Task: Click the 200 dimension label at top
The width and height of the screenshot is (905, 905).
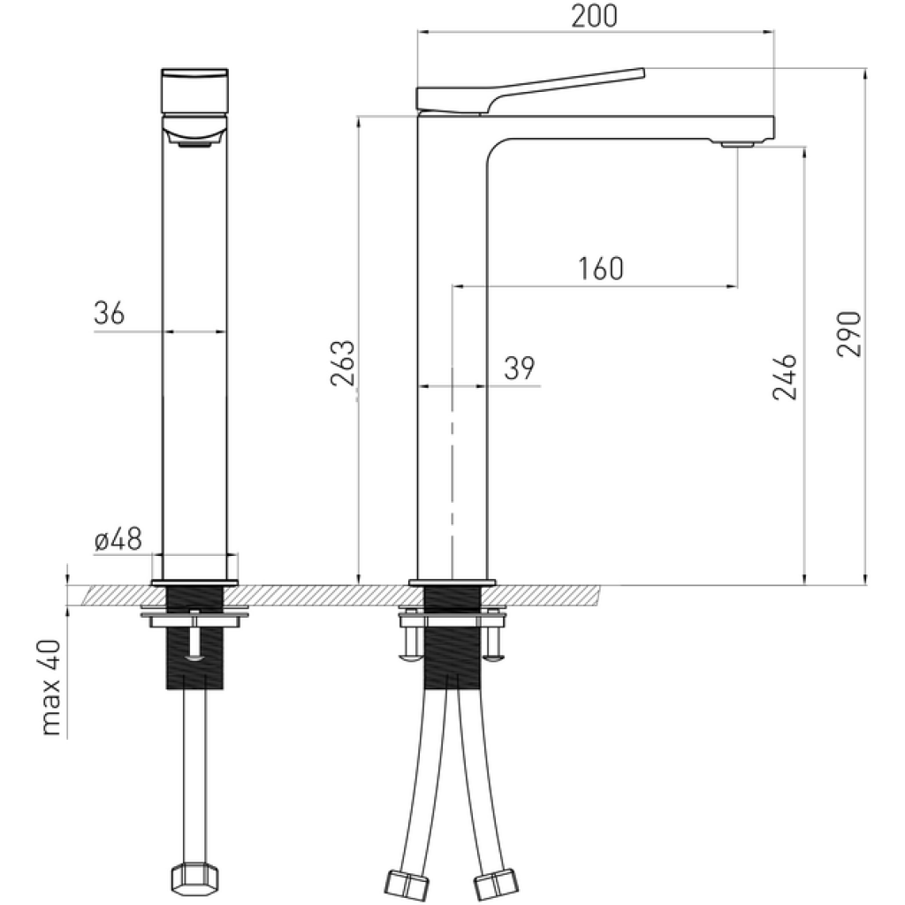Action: pyautogui.click(x=594, y=16)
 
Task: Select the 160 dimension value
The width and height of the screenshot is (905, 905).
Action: pyautogui.click(x=600, y=269)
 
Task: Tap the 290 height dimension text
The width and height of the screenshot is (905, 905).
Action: pyautogui.click(x=849, y=334)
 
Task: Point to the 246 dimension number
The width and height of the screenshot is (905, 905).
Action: pyautogui.click(x=785, y=376)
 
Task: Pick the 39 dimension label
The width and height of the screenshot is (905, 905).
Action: pyautogui.click(x=520, y=368)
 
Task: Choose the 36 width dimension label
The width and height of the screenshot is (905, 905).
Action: pyautogui.click(x=109, y=314)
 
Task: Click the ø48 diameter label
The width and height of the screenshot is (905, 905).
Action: pyautogui.click(x=118, y=540)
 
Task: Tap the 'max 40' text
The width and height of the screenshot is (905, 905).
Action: pyautogui.click(x=51, y=687)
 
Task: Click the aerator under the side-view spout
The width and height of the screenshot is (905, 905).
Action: pyautogui.click(x=738, y=143)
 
